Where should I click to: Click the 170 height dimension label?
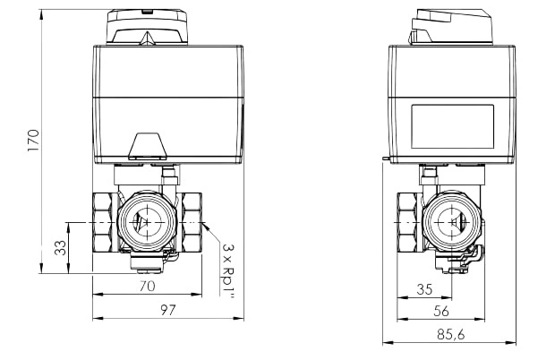[x=34, y=141]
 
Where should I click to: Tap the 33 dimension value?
[x=60, y=248]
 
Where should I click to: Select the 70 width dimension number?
[x=147, y=286]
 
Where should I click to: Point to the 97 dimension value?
[x=168, y=310]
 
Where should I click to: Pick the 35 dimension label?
[x=424, y=289]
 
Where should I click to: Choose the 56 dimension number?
[x=441, y=311]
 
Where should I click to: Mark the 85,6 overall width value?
[x=450, y=334]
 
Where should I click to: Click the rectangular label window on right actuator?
[x=452, y=126]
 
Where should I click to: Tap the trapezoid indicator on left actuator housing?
[x=148, y=146]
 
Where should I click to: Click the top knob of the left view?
[x=147, y=27]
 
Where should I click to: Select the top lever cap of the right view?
[x=451, y=27]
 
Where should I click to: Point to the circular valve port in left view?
[x=147, y=222]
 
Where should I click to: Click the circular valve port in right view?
[x=452, y=222]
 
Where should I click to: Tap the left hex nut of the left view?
[x=105, y=222]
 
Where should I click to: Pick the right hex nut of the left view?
[x=191, y=222]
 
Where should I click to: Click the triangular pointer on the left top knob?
[x=147, y=38]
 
